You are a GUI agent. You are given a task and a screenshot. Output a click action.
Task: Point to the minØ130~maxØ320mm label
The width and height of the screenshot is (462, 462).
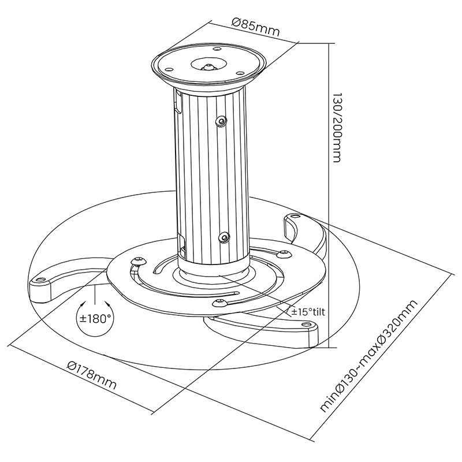click(x=369, y=356)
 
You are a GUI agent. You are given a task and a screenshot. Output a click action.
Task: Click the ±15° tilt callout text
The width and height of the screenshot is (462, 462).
click(x=308, y=311)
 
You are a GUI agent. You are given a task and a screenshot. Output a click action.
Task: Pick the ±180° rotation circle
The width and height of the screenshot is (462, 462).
click(x=95, y=319)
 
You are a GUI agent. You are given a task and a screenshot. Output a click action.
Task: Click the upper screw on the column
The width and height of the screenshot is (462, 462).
click(x=221, y=121)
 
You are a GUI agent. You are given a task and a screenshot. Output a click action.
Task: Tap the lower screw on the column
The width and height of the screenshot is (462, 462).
click(x=225, y=237)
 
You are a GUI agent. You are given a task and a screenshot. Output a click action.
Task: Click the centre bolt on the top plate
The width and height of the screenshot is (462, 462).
click(x=208, y=66)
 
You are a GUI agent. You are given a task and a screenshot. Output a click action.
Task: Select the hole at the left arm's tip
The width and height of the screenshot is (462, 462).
click(x=40, y=279)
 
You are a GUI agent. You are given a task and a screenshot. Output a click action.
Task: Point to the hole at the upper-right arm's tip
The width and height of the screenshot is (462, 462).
click(x=295, y=217)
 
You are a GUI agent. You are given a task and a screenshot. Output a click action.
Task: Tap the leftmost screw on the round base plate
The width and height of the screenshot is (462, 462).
click(x=139, y=261)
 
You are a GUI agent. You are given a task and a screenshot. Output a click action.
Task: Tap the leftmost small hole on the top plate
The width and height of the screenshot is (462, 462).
click(x=169, y=69)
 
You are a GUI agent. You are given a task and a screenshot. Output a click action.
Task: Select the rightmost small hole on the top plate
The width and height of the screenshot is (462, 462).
click(x=240, y=73)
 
